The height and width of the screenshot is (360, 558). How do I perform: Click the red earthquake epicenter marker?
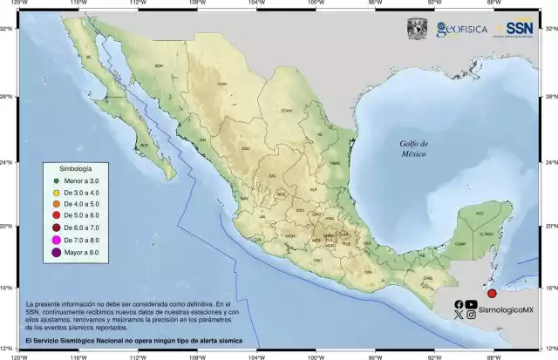coord(492,295)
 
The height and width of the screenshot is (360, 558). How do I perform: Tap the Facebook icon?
coord(459,304)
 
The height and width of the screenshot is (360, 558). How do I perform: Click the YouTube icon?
coord(472,304)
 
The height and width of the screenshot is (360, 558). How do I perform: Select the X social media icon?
coord(459,316)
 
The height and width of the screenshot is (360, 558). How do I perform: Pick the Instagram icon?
coord(472,316)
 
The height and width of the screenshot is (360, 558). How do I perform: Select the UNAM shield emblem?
coord(418,28)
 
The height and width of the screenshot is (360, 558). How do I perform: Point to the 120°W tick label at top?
coord(18,3)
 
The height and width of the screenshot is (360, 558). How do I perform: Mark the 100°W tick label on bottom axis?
coord(315,355)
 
